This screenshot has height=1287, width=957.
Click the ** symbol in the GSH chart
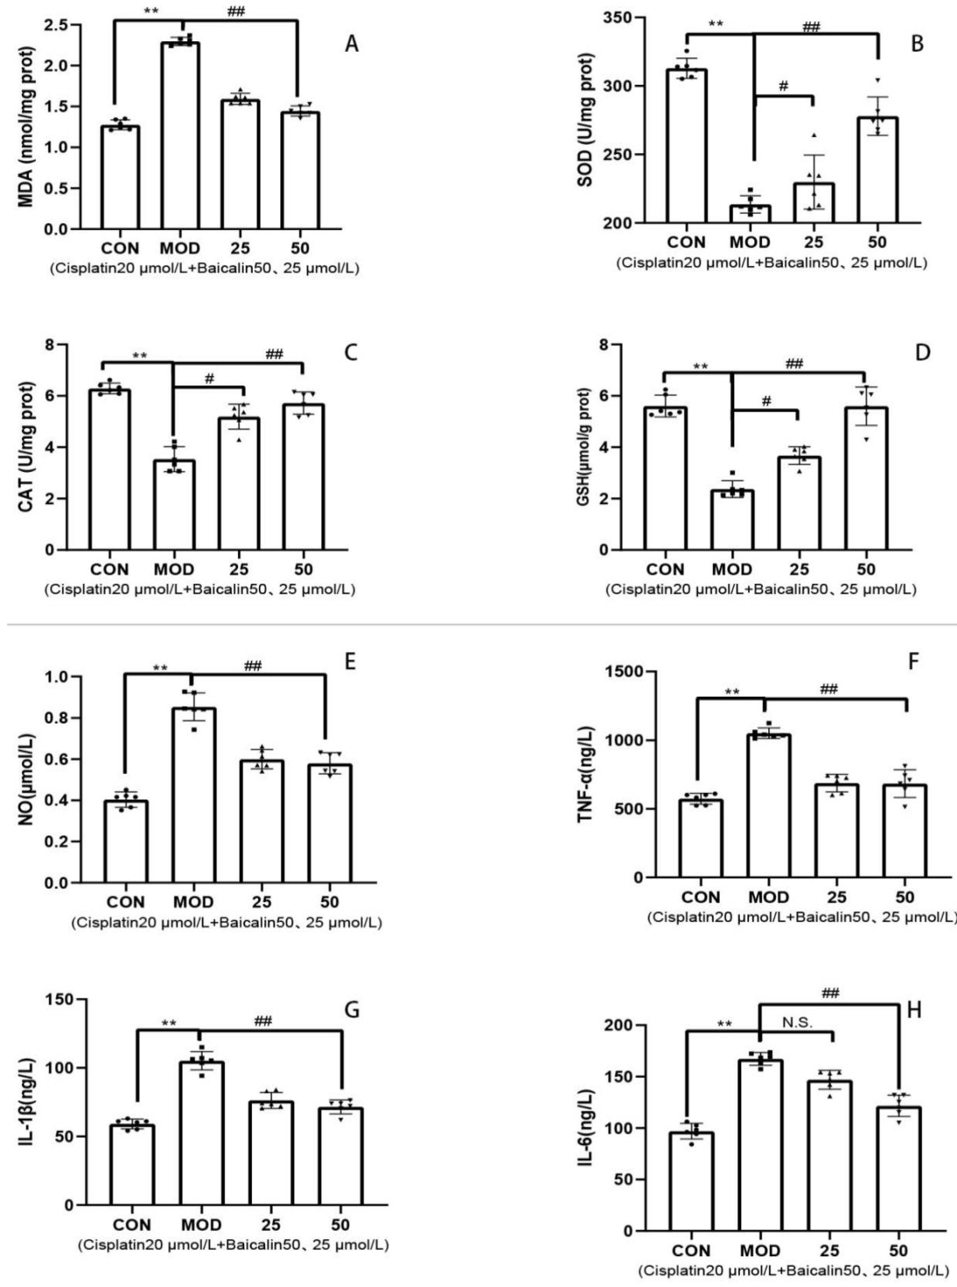pyautogui.click(x=701, y=366)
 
